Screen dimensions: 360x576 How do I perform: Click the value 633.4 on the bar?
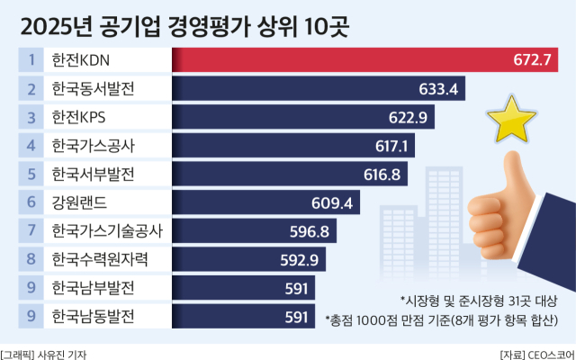coord(440,89)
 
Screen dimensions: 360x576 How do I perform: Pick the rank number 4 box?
coord(31,145)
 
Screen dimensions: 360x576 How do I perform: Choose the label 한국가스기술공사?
coord(107,230)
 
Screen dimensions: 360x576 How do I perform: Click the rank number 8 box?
coord(31,259)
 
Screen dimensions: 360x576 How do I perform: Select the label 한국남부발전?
coord(94,288)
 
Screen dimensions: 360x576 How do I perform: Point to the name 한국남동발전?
coord(94,316)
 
